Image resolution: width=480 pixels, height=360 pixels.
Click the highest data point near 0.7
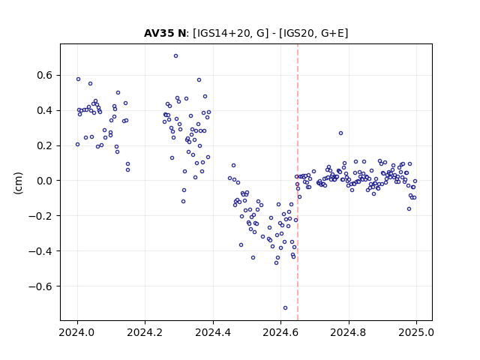tap(175, 55)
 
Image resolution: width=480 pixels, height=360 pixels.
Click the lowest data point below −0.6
tap(285, 307)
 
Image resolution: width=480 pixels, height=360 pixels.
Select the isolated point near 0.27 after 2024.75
tap(340, 133)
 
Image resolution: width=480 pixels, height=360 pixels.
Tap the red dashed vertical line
tap(298, 182)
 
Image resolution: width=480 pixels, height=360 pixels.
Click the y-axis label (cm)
tap(18, 183)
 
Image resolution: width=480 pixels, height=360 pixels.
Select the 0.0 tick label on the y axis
tap(45, 181)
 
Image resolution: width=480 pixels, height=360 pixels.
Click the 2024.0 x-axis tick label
tap(77, 332)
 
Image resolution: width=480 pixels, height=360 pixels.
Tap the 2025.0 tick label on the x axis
tap(416, 332)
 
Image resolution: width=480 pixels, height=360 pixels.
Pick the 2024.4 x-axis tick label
tap(213, 332)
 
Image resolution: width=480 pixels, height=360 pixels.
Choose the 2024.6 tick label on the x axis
tap(280, 332)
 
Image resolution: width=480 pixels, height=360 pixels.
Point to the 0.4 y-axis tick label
tap(45, 110)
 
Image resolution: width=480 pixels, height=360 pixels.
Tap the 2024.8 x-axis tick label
tap(348, 332)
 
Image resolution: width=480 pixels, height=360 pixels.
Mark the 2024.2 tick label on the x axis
tap(145, 332)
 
